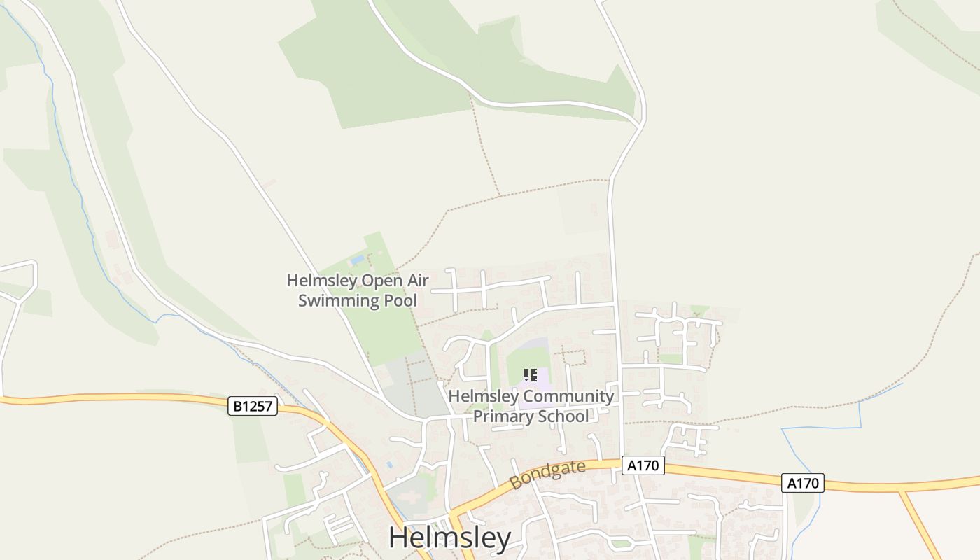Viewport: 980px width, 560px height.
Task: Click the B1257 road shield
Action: coord(253,406)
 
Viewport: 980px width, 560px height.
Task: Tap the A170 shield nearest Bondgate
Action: coord(643,465)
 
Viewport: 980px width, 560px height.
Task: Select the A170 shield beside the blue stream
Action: coord(802,483)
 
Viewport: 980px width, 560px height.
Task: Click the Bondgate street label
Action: coord(547,475)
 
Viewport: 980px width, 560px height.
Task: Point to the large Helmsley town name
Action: coord(449,538)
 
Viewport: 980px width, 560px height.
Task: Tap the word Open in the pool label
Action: coord(382,281)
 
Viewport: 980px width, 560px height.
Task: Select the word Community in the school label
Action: coord(568,396)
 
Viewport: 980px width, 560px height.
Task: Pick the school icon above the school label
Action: coord(531,375)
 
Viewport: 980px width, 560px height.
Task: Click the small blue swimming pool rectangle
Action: coord(358,260)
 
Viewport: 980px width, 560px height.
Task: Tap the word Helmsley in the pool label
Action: coord(321,281)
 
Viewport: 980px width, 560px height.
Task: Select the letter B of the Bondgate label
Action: coord(517,483)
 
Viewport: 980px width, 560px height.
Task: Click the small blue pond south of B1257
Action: coord(389,464)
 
